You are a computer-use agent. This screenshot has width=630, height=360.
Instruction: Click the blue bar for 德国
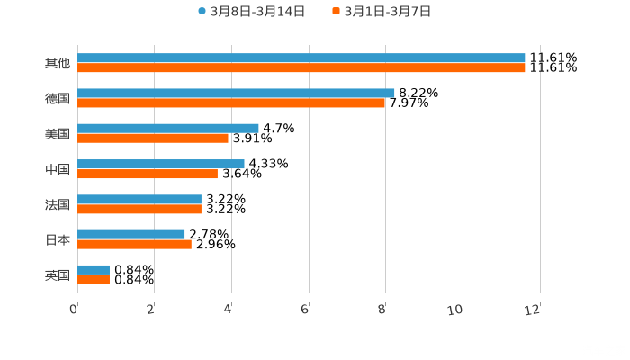click(x=236, y=93)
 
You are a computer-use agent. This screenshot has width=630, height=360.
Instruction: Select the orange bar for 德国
click(x=231, y=103)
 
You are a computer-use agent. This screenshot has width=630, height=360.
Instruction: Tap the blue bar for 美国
click(x=168, y=128)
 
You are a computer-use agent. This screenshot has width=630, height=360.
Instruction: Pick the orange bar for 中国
click(x=148, y=174)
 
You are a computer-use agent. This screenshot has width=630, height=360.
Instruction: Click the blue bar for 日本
click(x=131, y=234)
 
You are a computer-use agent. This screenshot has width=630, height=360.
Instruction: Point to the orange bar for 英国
click(x=94, y=279)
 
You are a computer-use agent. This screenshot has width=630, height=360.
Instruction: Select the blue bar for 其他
click(x=301, y=58)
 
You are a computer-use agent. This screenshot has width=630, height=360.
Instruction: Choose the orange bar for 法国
click(x=139, y=209)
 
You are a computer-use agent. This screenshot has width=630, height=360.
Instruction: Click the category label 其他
click(x=58, y=63)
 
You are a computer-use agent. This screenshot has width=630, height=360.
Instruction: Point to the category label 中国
click(x=58, y=169)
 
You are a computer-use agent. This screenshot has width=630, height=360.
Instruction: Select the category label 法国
click(x=58, y=204)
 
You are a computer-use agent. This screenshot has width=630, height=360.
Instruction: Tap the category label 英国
click(x=58, y=274)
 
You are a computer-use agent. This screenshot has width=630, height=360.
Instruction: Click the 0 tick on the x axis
click(x=75, y=310)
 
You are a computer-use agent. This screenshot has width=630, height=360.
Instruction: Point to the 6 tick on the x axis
click(x=306, y=310)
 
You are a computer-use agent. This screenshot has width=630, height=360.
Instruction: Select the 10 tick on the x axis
click(x=459, y=310)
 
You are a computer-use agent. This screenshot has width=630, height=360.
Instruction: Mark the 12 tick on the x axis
click(x=535, y=310)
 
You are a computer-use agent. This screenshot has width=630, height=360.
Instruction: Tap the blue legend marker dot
click(x=202, y=12)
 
